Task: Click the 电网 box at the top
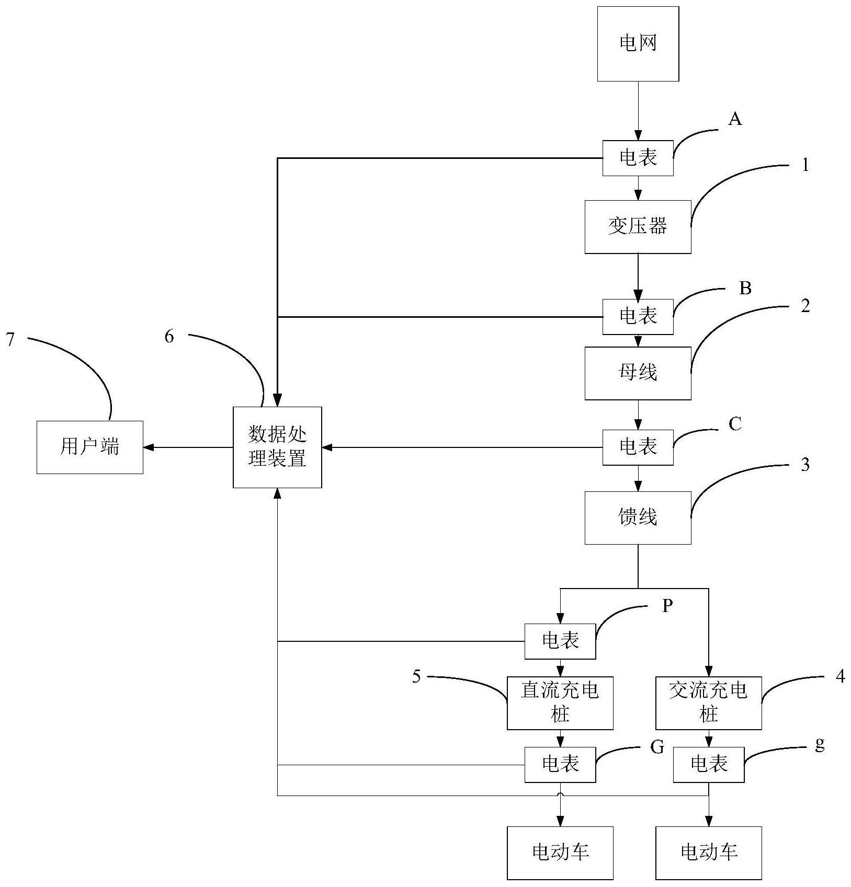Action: [638, 44]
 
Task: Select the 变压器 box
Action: [638, 227]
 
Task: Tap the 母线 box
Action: [638, 373]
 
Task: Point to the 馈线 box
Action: [638, 517]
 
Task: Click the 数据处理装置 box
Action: [277, 447]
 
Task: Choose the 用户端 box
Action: [90, 447]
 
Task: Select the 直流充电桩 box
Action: [560, 703]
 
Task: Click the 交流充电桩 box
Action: [708, 703]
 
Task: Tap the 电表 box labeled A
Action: [638, 158]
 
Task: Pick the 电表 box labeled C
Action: [638, 447]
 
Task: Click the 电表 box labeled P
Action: [560, 641]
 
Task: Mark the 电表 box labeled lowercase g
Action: [708, 765]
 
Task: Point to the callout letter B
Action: [745, 289]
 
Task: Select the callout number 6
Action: [169, 337]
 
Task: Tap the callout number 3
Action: [805, 465]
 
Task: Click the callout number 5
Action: [416, 677]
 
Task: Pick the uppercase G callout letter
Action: [657, 747]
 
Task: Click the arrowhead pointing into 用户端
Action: [148, 447]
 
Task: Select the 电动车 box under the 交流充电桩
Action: [708, 853]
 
